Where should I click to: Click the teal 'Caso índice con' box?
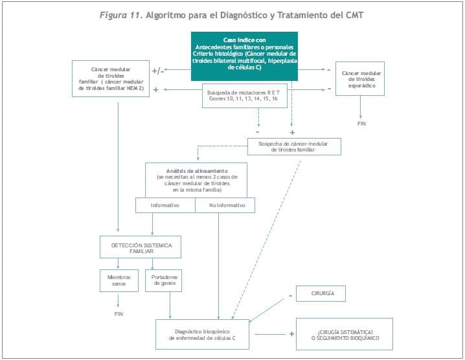[x=244, y=56]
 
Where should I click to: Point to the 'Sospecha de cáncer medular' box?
[x=293, y=146]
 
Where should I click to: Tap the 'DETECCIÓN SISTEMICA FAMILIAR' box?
[x=140, y=247]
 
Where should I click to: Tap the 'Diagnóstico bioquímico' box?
[x=203, y=333]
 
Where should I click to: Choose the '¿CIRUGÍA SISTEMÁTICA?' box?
[x=345, y=333]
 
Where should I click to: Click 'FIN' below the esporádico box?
[x=361, y=123]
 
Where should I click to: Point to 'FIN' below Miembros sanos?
[x=119, y=313]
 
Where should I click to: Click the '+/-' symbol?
[x=158, y=71]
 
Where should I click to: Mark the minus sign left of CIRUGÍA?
[x=289, y=295]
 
